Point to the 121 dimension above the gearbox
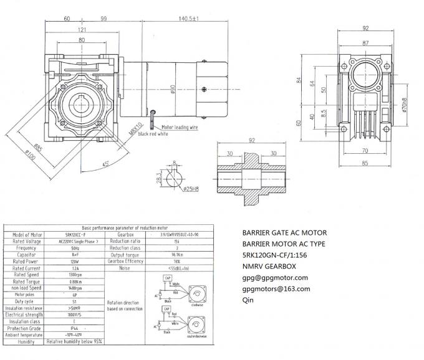pyautogui.click(x=82, y=30)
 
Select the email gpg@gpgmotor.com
pyautogui.click(x=275, y=277)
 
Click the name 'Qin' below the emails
pyautogui.click(x=248, y=300)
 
